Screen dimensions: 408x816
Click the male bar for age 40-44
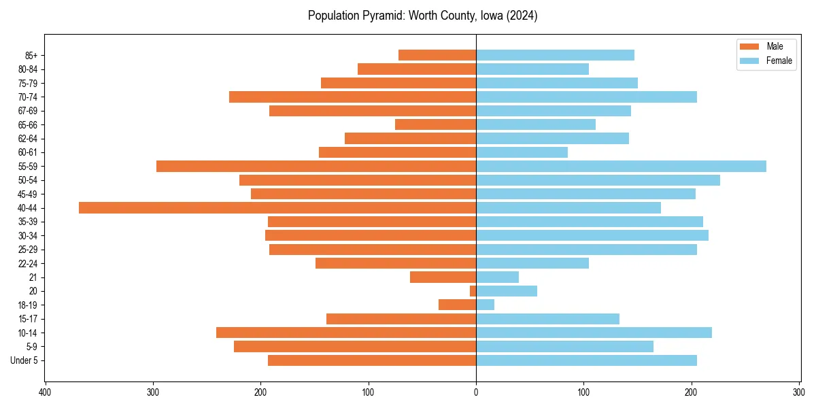(277, 208)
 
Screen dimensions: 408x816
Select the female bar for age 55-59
(621, 167)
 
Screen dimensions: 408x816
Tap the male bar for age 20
(473, 291)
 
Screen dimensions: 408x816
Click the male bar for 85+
(437, 55)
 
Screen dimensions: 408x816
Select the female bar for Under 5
(586, 360)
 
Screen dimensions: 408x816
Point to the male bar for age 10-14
(346, 333)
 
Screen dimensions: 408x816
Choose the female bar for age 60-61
(522, 152)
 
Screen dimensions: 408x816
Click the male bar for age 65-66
(435, 124)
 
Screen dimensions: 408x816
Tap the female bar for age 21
(497, 277)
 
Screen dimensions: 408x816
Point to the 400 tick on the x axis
(46, 392)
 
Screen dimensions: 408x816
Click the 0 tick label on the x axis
(476, 392)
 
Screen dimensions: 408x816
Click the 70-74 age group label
(28, 97)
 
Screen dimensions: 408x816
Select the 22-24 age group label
(28, 264)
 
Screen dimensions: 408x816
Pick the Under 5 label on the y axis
(24, 360)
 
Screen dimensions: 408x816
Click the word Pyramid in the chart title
(374, 16)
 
